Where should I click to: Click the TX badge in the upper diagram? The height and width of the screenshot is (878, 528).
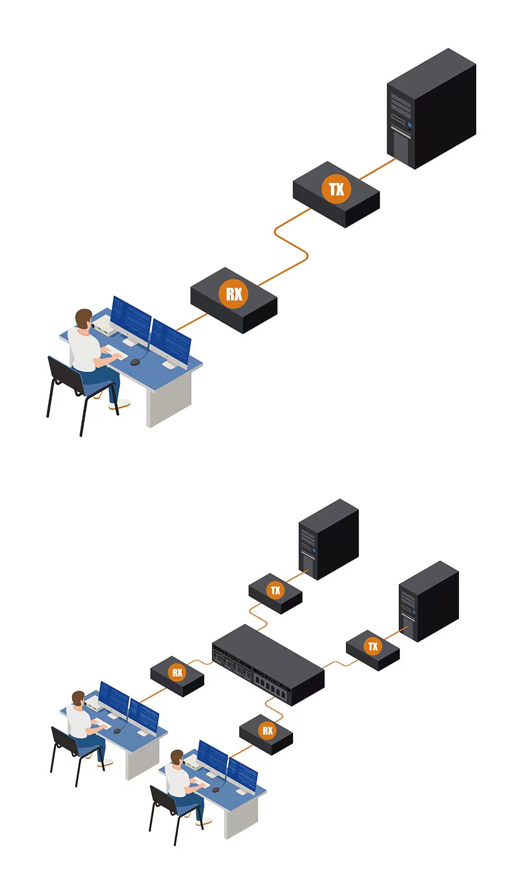point(336,188)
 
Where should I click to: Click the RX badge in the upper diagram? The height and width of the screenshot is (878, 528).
point(233,293)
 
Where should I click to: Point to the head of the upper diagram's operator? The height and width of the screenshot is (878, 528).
point(83,318)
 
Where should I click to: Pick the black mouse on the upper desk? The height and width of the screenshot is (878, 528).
point(135,362)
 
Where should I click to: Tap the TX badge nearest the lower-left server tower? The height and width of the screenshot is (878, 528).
point(275,590)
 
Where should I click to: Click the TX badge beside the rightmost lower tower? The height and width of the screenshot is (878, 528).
point(373,646)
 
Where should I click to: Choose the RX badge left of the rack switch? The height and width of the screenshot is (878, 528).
point(177,673)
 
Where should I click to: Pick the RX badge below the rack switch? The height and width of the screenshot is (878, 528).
point(267,731)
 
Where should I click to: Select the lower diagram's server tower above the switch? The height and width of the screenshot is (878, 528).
point(328,539)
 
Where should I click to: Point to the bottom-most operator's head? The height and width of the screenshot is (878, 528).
point(177,758)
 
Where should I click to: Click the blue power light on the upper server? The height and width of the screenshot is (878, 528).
point(409,125)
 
